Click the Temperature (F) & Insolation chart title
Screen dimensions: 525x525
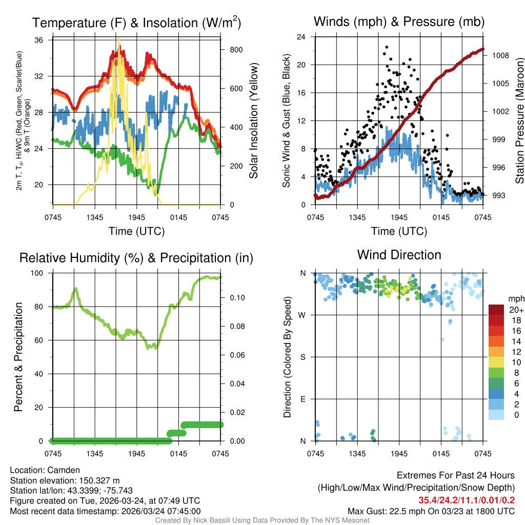pos(136,23)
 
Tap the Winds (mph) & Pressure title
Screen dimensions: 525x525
pos(399,22)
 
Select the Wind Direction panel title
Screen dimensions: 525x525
pos(399,255)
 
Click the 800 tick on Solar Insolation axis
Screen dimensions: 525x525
pos(229,50)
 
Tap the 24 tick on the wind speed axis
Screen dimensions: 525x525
pos(301,37)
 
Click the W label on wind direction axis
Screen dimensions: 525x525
pos(302,315)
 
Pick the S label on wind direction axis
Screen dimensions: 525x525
pos(303,357)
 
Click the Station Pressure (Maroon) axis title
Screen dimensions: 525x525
pos(519,121)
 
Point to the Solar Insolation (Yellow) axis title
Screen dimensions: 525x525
pos(254,121)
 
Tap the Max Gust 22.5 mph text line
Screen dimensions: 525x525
pos(431,511)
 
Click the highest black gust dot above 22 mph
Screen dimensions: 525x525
pos(386,47)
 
